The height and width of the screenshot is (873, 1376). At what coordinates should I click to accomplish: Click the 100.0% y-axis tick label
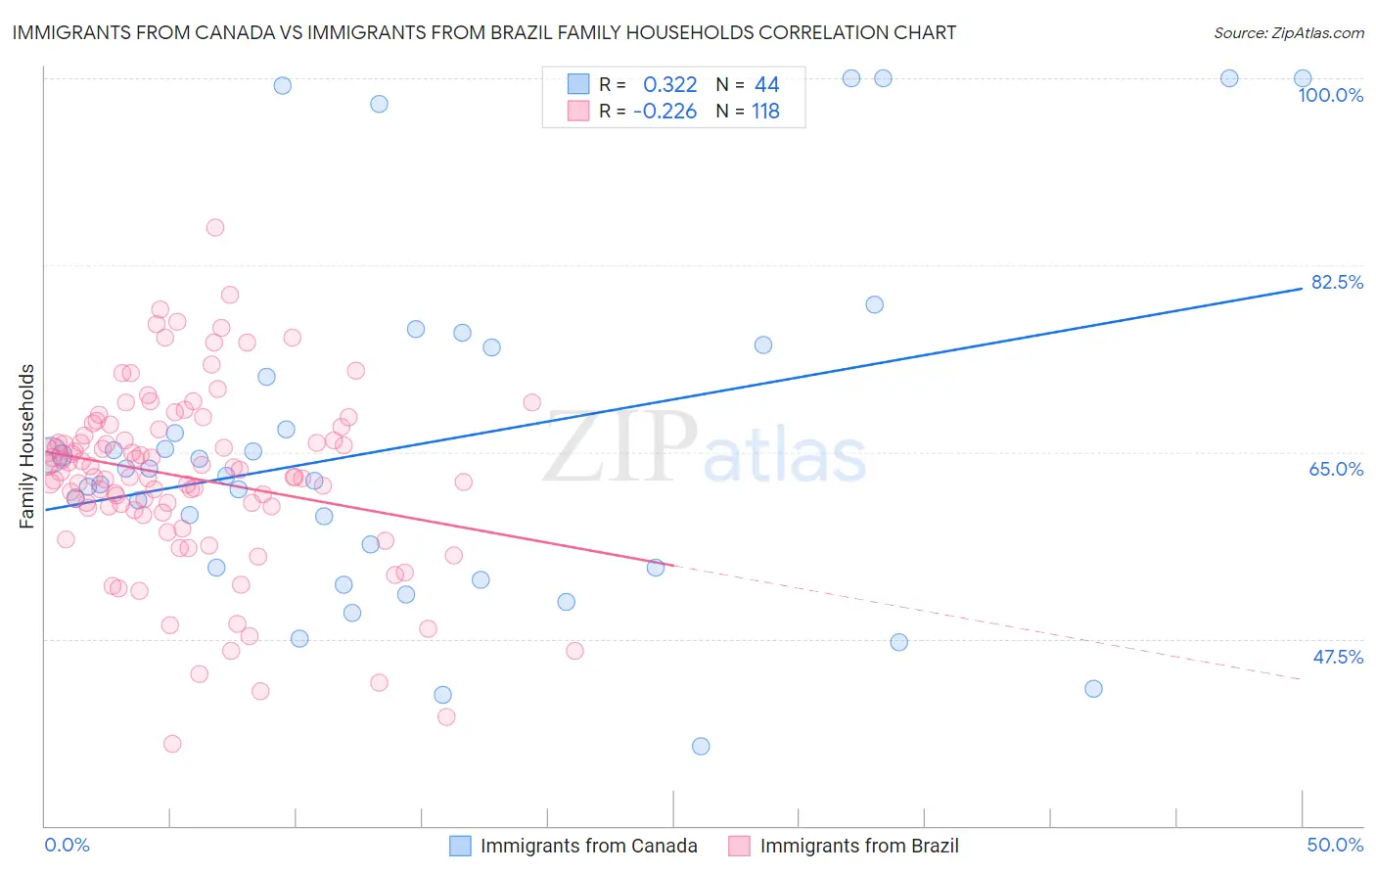(x=1330, y=95)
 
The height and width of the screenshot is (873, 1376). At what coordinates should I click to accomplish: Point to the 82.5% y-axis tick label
(x=1337, y=282)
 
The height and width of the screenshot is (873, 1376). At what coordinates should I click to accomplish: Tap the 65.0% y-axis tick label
(x=1336, y=469)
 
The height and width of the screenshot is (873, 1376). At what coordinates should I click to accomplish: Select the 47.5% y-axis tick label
(x=1337, y=657)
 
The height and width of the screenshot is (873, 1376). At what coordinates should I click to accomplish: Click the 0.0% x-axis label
(x=67, y=845)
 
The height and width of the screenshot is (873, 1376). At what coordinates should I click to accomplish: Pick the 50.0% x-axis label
(x=1335, y=845)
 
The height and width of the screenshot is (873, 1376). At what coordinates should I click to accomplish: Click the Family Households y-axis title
(x=27, y=446)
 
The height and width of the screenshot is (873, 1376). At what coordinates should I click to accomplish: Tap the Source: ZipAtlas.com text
(x=1288, y=32)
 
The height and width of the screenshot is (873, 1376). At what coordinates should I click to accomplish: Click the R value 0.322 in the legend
(x=669, y=85)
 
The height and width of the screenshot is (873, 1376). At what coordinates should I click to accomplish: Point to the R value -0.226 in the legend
(x=665, y=112)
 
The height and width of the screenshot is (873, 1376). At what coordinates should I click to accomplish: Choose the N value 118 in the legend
(x=765, y=112)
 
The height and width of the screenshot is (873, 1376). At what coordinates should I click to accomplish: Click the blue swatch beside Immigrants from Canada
(x=460, y=846)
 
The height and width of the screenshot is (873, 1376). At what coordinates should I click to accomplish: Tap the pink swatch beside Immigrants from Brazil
(x=739, y=846)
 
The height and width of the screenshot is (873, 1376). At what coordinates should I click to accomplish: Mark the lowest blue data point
(x=701, y=746)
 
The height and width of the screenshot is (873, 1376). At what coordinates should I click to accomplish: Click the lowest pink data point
(x=172, y=744)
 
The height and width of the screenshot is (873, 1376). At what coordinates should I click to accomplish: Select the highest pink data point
(x=215, y=227)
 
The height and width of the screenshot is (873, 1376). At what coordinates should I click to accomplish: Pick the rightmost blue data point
(x=1303, y=78)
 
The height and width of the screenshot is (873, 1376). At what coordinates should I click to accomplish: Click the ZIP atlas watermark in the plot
(x=705, y=447)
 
